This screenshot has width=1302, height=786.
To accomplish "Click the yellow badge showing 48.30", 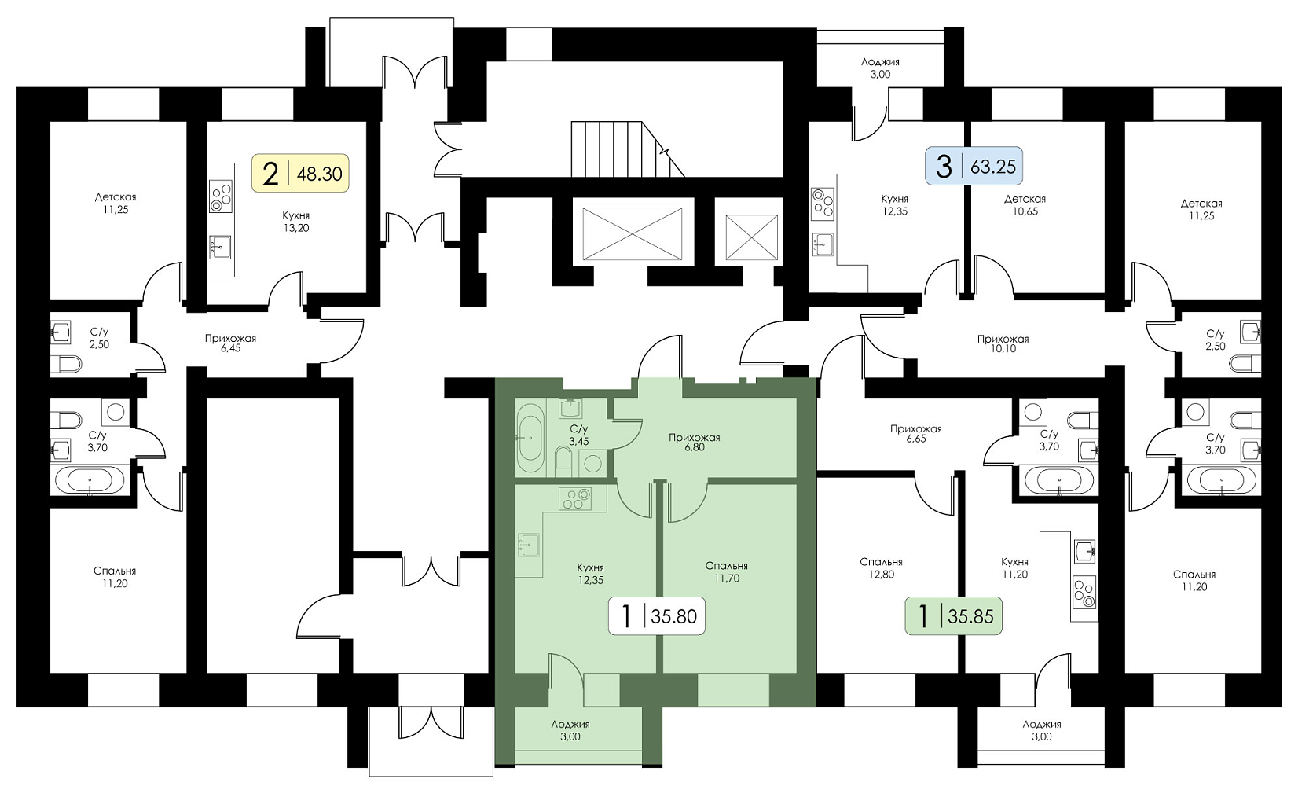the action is pos(300,173).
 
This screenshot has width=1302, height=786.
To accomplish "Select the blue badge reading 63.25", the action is pos(974,167).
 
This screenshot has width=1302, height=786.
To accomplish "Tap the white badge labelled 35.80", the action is pos(657,615).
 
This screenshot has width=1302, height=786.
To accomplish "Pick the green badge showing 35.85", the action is pos(954,615).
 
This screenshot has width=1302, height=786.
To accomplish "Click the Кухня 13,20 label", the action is pos(296,222).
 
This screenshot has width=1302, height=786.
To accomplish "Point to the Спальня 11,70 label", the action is pos(727,571).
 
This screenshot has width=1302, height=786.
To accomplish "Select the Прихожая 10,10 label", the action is pos(1003,343).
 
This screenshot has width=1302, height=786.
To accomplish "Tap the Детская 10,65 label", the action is pos(1025,205).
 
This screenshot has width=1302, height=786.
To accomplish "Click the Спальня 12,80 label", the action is pos(881,568).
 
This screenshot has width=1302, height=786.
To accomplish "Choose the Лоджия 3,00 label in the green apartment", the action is pos(570,730).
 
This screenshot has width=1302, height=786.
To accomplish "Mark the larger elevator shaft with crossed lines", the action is pos(633,234).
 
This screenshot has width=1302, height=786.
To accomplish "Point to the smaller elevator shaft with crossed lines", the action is pos(751,237).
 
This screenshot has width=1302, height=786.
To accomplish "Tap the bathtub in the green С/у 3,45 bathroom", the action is pos(530,438).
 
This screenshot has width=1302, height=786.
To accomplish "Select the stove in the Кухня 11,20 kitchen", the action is pos(1084,593).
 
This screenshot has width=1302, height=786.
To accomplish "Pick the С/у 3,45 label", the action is pos(578,435).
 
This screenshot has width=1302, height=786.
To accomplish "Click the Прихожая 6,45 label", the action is pos(230,343).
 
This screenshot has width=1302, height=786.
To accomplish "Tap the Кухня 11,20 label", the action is pos(1015,568).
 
